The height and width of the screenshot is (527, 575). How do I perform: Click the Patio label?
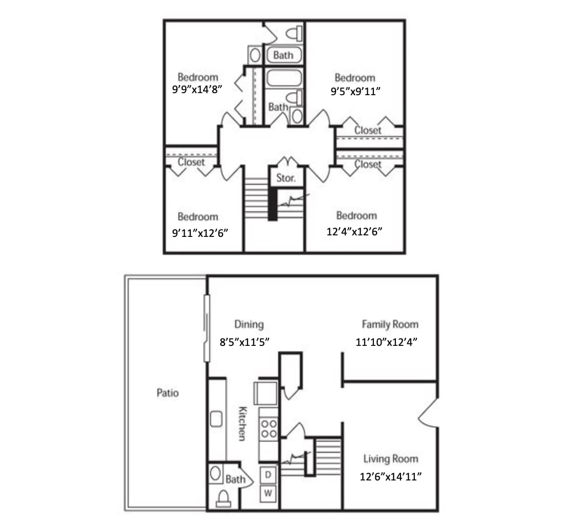coord(168,393)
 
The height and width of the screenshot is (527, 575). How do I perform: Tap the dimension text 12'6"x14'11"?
coord(391,476)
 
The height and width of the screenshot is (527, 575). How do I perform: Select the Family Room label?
coord(390,324)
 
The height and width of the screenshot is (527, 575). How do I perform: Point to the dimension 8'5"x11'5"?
coord(245,342)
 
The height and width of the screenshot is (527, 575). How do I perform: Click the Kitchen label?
coord(243,423)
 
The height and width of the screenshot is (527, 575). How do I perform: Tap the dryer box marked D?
coord(269,475)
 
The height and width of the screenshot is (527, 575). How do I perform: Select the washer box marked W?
coord(269,494)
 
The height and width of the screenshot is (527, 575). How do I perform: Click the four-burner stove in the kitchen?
coord(269,428)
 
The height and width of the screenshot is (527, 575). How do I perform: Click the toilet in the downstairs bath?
coord(223,498)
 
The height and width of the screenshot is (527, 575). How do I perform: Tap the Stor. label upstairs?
coord(286,179)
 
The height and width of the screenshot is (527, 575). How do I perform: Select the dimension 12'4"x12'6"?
coord(355,231)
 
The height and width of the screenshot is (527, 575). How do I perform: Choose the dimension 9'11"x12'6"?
coord(200,232)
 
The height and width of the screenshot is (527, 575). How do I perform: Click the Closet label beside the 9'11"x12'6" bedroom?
coord(191,162)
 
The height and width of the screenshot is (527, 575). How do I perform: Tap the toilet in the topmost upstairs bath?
coord(294,34)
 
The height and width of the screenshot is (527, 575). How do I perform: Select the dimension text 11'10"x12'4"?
coord(387,342)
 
